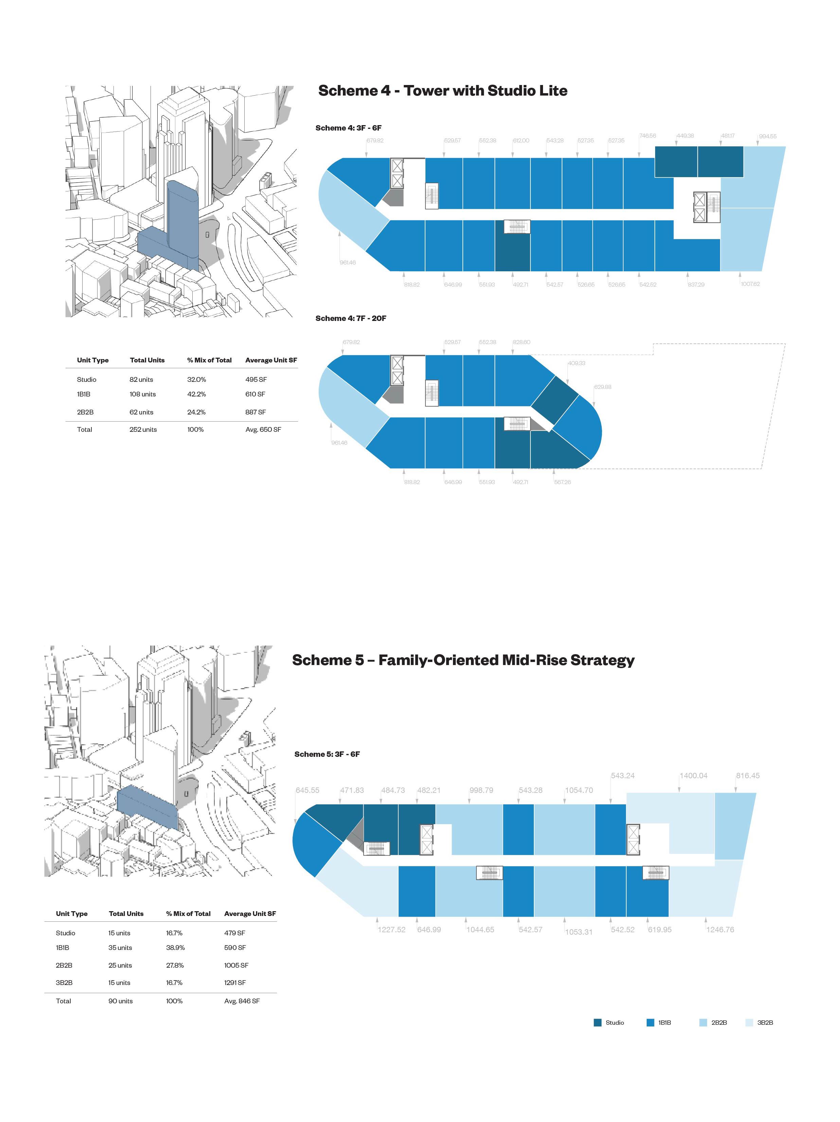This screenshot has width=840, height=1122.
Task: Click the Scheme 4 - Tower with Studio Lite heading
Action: (442, 91)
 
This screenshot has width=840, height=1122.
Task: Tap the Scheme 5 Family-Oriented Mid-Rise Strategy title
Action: (463, 660)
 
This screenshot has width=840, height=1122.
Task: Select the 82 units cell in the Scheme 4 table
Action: (141, 379)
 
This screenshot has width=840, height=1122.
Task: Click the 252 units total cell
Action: (143, 430)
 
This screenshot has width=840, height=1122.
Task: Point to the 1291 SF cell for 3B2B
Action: (235, 983)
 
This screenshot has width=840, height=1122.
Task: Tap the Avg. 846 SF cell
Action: (242, 1001)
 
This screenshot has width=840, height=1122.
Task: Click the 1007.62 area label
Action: (750, 284)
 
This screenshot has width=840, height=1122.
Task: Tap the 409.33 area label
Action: (576, 363)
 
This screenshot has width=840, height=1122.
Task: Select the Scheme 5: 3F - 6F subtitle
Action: (327, 754)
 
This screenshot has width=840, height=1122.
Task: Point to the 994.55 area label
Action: (768, 136)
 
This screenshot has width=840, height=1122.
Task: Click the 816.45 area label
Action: (748, 776)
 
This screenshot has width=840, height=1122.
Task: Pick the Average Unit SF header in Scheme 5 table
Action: (250, 914)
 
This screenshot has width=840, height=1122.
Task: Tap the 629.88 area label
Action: (603, 387)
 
